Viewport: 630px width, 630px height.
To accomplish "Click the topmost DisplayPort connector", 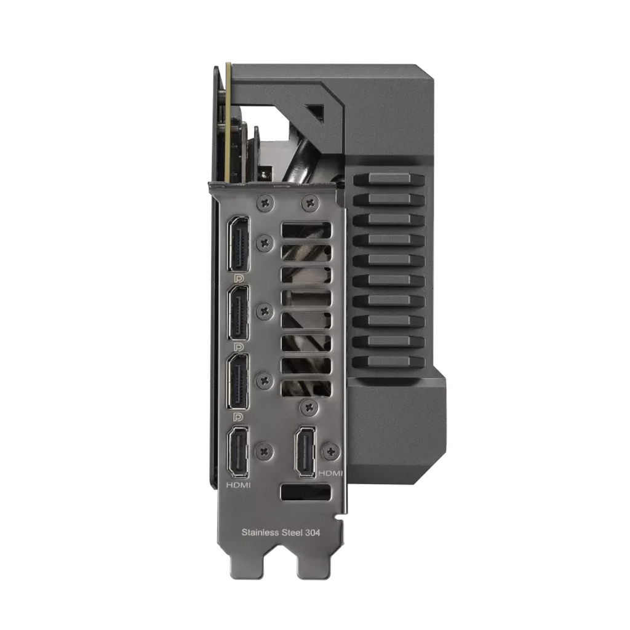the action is point(238,244).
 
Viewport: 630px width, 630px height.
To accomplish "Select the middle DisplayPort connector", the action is point(238,313).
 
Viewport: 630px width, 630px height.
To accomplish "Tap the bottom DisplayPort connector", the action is point(238,381).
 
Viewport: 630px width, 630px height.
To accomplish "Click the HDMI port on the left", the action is point(238,452).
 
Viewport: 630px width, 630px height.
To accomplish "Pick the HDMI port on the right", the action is point(305,452).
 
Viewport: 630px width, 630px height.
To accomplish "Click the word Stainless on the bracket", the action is point(260,532).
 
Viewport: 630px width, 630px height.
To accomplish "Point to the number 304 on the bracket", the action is point(313,533).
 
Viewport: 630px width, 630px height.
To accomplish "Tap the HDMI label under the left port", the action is point(238,485).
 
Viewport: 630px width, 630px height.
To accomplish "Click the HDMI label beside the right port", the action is point(330,473).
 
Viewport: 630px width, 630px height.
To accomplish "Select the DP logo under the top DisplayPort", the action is point(239,278).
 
